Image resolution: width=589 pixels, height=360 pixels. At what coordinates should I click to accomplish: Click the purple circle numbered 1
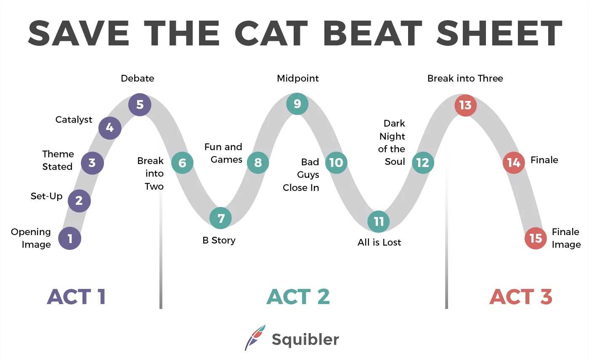[x=70, y=238]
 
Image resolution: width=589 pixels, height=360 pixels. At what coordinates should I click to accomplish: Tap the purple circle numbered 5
[x=140, y=104]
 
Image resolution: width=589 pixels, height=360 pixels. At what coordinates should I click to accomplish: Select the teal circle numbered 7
[x=221, y=218]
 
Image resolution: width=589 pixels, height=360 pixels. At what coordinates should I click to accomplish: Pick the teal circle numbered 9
[x=297, y=103]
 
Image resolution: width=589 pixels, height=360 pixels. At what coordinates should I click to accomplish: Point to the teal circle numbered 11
[x=379, y=222]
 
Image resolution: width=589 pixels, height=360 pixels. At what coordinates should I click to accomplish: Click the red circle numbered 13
[x=465, y=105]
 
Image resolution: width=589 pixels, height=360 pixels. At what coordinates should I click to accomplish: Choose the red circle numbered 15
[x=536, y=238]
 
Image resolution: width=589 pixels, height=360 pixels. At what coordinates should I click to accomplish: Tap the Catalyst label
[x=74, y=120]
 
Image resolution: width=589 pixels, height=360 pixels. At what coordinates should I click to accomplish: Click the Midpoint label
[x=298, y=79]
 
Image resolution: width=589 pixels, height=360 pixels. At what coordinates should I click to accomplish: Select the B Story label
[x=219, y=241]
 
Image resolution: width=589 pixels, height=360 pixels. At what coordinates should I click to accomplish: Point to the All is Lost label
[x=379, y=243]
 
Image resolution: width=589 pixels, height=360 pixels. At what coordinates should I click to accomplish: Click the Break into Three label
[x=465, y=79]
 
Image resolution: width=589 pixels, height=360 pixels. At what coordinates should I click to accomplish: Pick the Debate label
[x=138, y=79]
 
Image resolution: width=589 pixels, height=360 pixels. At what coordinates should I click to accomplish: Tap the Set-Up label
[x=46, y=196]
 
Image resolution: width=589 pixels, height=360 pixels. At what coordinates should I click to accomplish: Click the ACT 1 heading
[x=76, y=297]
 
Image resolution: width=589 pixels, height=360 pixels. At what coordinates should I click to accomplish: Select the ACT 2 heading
[x=298, y=297]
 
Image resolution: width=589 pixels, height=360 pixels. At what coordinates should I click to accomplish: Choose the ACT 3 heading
[x=520, y=297]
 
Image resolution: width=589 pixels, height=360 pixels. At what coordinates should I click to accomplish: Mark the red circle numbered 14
[x=514, y=162]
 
